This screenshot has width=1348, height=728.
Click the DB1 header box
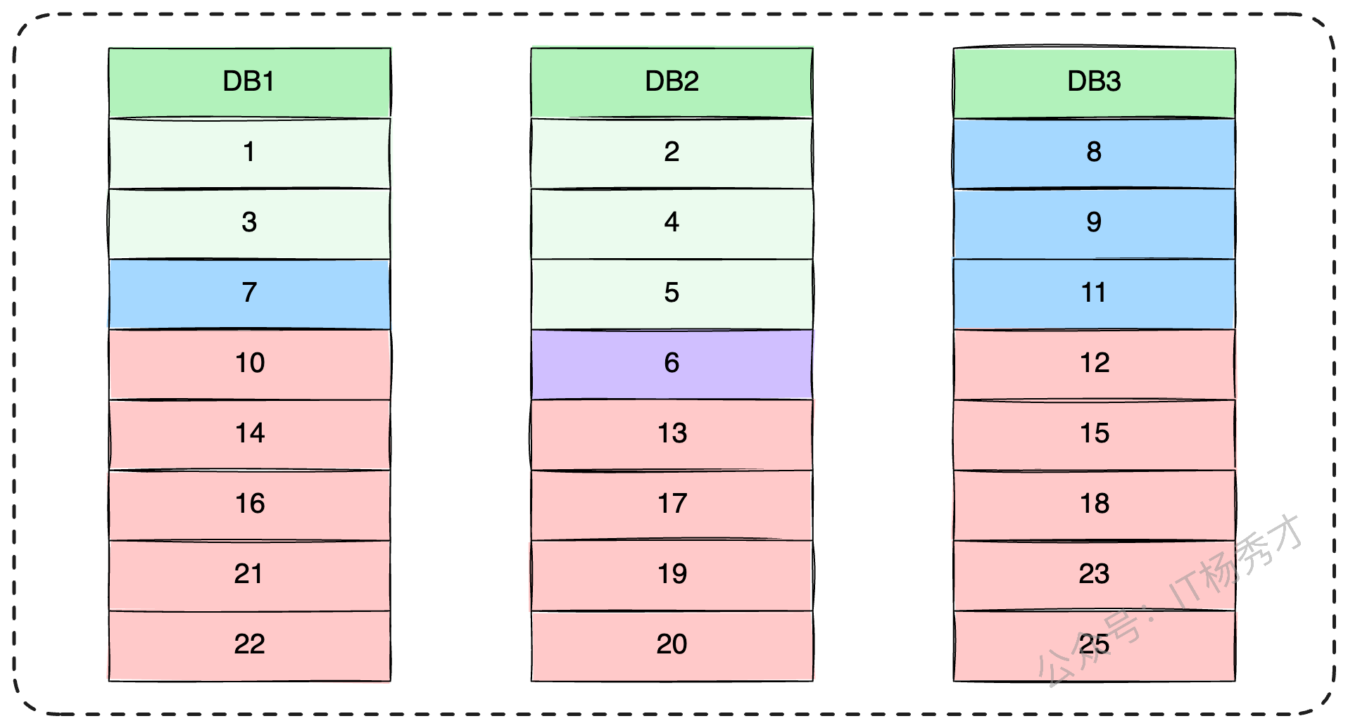[x=249, y=82]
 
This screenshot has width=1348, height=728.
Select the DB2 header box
[x=672, y=82]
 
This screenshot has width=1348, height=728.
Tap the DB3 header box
[x=1094, y=82]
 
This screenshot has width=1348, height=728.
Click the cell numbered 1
[x=249, y=153]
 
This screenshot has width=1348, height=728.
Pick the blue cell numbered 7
[x=249, y=294]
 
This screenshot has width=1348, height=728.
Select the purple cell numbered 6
[x=672, y=364]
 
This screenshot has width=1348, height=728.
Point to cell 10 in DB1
[x=249, y=364]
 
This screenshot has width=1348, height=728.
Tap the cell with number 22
[x=249, y=646]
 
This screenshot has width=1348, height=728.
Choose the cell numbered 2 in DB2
[x=672, y=153]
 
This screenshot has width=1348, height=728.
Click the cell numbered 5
[x=672, y=294]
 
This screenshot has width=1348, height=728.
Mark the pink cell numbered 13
[x=672, y=435]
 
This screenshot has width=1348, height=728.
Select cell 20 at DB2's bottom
[x=672, y=646]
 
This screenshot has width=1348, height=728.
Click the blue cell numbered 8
[x=1094, y=153]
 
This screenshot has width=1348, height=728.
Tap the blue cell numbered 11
[x=1094, y=294]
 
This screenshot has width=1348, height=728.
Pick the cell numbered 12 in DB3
[x=1094, y=364]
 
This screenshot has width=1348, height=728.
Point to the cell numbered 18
[x=1094, y=505]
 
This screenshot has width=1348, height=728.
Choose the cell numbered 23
[x=1094, y=575]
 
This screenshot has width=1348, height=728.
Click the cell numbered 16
[x=249, y=505]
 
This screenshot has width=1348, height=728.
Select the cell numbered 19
[x=672, y=575]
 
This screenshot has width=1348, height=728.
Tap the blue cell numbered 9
[x=1094, y=224]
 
